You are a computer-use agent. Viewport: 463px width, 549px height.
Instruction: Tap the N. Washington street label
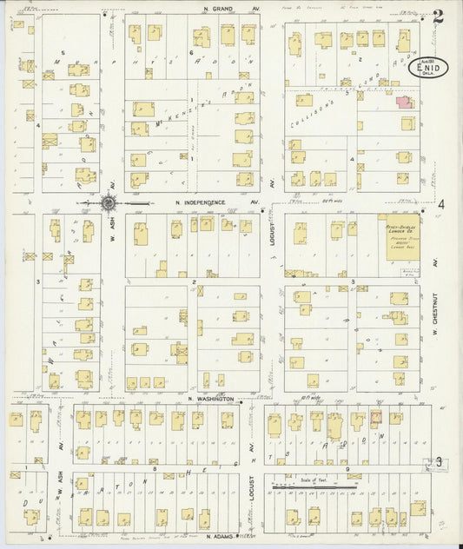click(x=210, y=398)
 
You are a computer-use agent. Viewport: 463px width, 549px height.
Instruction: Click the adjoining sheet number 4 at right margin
click(x=441, y=204)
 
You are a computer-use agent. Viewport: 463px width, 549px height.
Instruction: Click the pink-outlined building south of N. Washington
click(x=376, y=418)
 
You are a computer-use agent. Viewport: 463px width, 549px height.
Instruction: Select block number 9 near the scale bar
click(x=347, y=469)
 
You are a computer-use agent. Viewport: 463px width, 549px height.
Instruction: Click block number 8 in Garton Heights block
click(x=154, y=468)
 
